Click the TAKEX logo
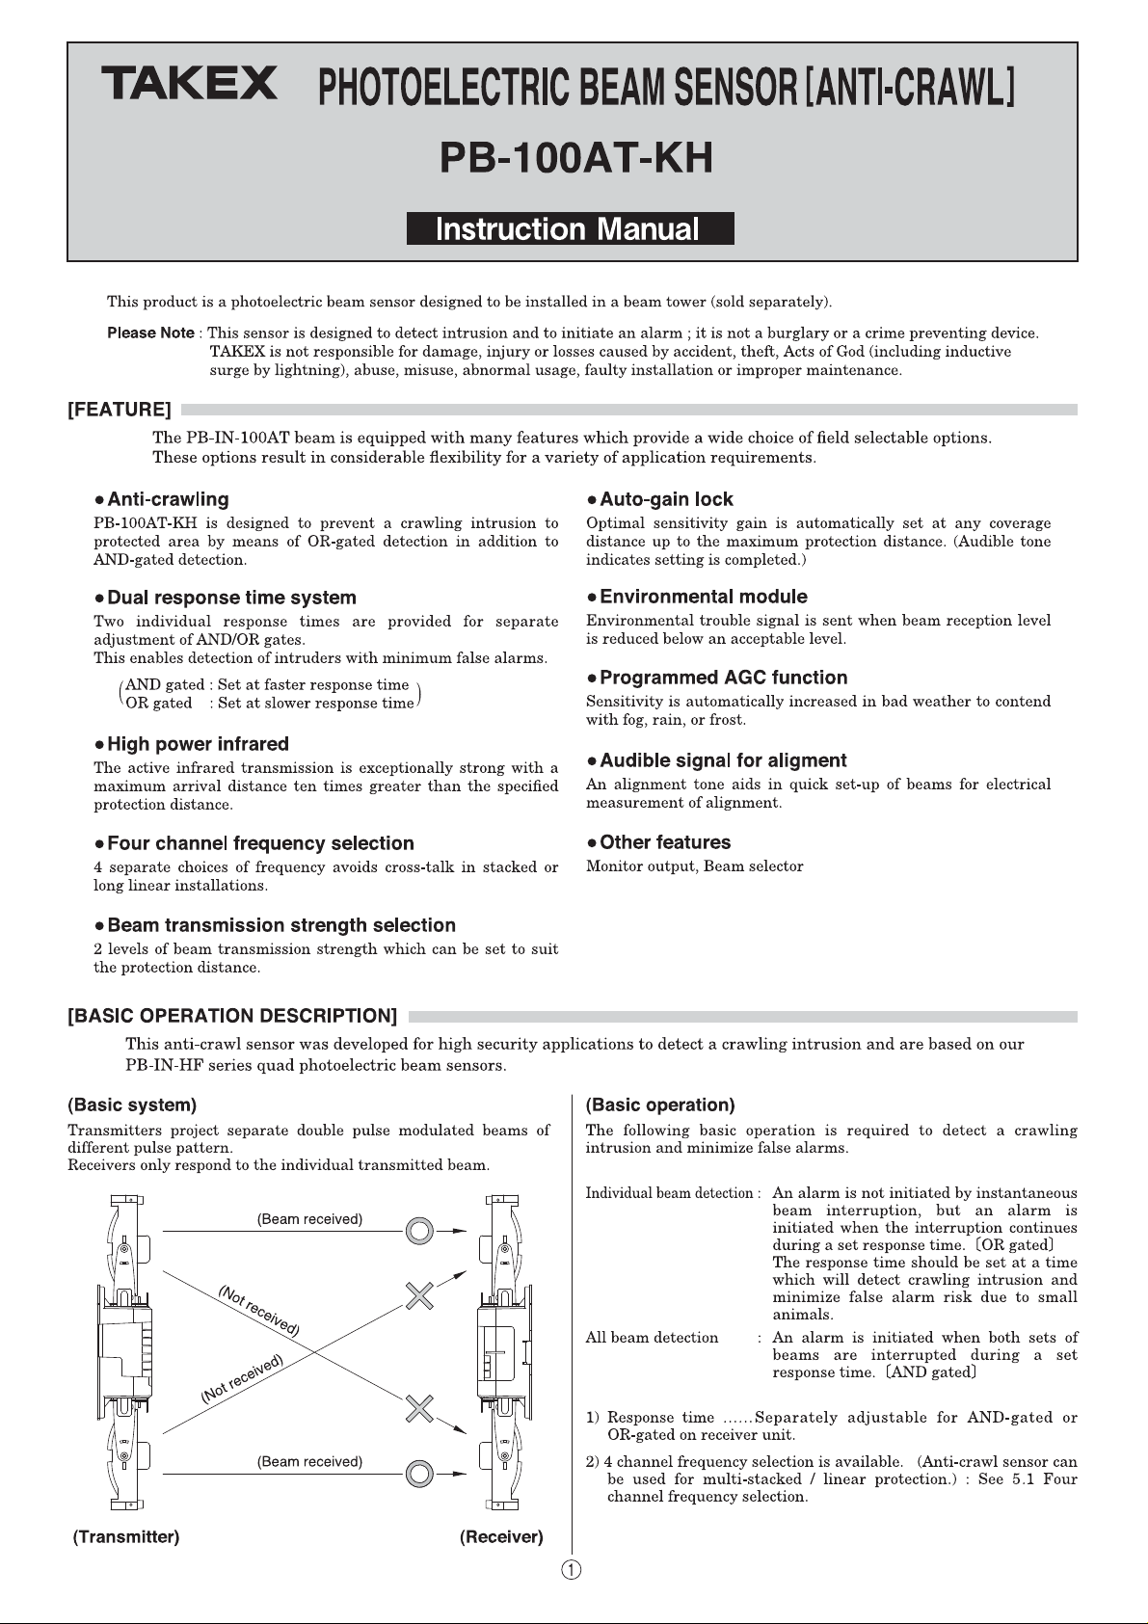(x=190, y=83)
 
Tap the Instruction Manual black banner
(x=570, y=228)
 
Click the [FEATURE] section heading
(x=120, y=411)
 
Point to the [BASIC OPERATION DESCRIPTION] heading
(x=232, y=1016)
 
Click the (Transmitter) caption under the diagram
(x=126, y=1536)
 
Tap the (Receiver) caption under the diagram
(x=501, y=1536)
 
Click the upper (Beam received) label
(x=309, y=1219)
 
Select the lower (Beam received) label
(x=309, y=1461)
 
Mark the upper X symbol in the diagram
(x=418, y=1296)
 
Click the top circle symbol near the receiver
(x=418, y=1231)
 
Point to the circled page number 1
(x=572, y=1570)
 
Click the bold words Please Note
(x=150, y=333)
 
